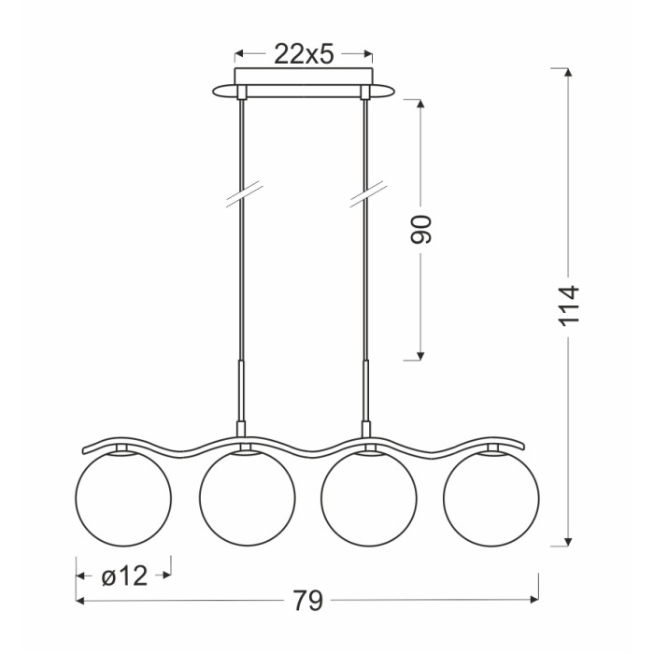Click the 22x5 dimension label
point(304,54)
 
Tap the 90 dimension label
point(420,230)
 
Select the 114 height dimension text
point(568,306)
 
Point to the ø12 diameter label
point(124,576)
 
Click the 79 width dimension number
point(307,601)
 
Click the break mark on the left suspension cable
point(245,194)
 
